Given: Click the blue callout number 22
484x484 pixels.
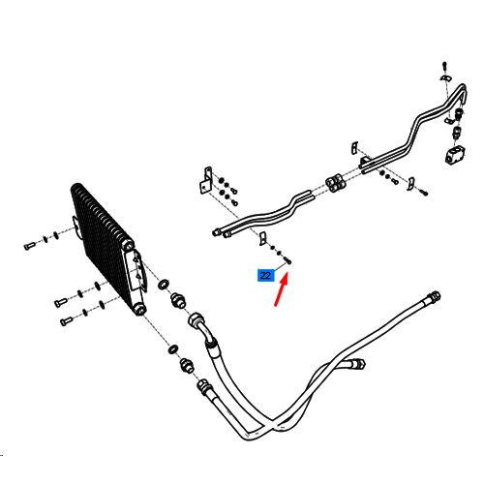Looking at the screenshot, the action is pos(265,275).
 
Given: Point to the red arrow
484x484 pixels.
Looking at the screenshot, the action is pos(281,289).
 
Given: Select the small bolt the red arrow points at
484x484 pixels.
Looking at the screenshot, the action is pos(287,259).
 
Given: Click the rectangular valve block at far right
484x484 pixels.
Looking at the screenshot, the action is pos(455,154).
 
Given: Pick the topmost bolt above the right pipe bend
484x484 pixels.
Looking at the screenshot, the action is pos(444,66).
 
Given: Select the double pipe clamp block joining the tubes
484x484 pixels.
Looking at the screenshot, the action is pos(336,183).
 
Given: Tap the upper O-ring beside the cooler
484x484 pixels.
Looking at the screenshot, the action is pos(164,284).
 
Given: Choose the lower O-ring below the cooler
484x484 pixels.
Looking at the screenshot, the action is pos(173,349).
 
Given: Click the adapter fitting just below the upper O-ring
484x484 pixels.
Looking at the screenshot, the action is pos(178,300).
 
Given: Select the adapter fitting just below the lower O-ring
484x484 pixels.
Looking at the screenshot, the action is pos(187,365).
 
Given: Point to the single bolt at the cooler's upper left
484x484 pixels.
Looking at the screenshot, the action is pos(29,246).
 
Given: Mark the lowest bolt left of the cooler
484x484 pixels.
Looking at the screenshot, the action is pos(67,321).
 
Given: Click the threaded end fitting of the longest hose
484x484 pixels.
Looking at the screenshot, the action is pos(434,296).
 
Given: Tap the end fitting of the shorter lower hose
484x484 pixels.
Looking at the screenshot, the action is pos(358,365).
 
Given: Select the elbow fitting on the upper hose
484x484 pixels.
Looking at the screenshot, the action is pos(201,326).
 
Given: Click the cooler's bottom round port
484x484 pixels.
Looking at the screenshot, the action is pos(140,310).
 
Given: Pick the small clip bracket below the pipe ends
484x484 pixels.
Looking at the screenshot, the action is pos(263,238).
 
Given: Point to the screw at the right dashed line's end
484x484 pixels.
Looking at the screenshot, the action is pos(424,193).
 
